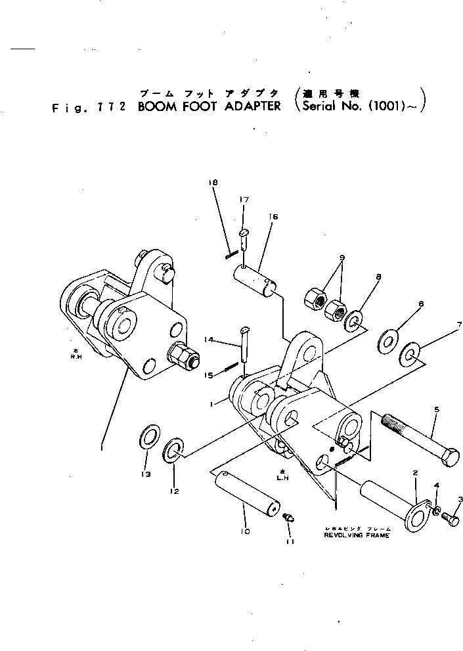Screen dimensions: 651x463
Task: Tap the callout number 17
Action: pyautogui.click(x=244, y=199)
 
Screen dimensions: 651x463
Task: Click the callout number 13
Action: pyautogui.click(x=145, y=474)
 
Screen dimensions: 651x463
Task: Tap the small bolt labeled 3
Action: pyautogui.click(x=450, y=518)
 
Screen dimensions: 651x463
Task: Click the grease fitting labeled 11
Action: pyautogui.click(x=288, y=518)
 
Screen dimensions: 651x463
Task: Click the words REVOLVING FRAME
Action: pyautogui.click(x=357, y=535)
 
